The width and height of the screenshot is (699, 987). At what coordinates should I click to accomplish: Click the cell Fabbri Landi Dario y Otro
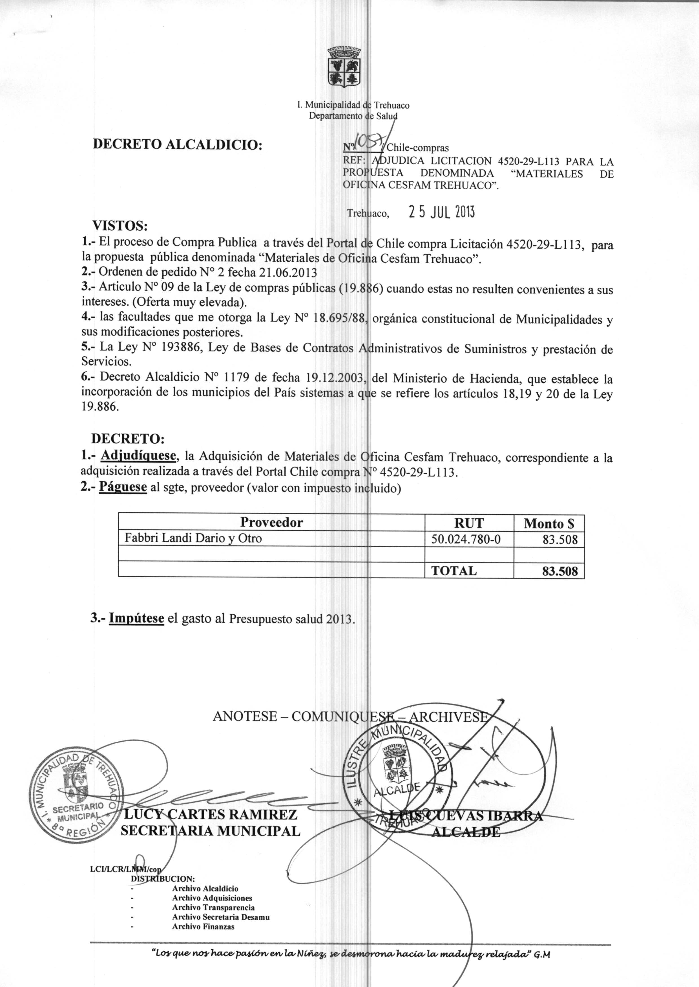[x=193, y=538]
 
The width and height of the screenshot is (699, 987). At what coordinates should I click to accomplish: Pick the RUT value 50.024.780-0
[x=466, y=539]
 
